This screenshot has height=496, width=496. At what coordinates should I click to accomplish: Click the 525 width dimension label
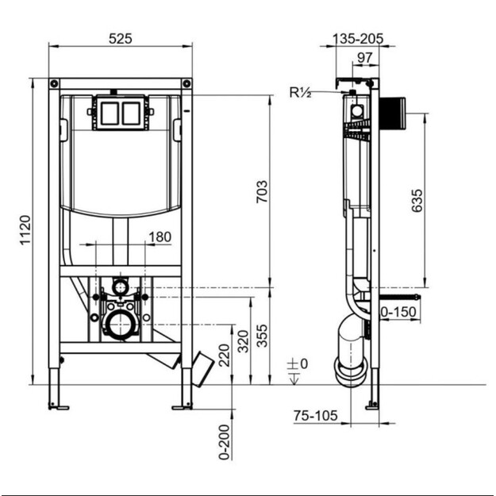[120, 39]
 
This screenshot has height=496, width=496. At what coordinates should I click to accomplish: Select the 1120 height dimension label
[25, 229]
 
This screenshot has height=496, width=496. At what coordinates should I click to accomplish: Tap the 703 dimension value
[262, 191]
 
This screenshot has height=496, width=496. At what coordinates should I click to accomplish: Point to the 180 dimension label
[160, 237]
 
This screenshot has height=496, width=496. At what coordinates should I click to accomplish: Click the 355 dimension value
[262, 336]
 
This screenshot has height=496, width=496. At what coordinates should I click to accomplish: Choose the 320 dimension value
[244, 341]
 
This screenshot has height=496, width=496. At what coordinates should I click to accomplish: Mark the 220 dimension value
[225, 356]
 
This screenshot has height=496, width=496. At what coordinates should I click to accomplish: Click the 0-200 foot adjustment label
[225, 442]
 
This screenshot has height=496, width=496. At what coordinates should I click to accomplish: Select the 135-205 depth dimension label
[358, 39]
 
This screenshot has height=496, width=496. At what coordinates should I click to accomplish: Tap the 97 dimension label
[365, 58]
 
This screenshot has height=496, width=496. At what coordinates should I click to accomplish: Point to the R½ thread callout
[300, 92]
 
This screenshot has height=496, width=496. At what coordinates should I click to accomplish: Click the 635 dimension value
[417, 200]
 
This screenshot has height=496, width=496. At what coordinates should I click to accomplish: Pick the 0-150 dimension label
[398, 312]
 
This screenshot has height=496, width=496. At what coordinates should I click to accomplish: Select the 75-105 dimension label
[315, 416]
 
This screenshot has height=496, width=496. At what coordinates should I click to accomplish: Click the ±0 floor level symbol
[297, 369]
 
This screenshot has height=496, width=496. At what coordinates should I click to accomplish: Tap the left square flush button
[110, 113]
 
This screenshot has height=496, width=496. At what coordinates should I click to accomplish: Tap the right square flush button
[131, 113]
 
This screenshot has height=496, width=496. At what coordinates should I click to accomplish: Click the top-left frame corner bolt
[55, 84]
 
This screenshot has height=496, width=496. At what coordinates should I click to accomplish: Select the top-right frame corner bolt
[187, 84]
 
